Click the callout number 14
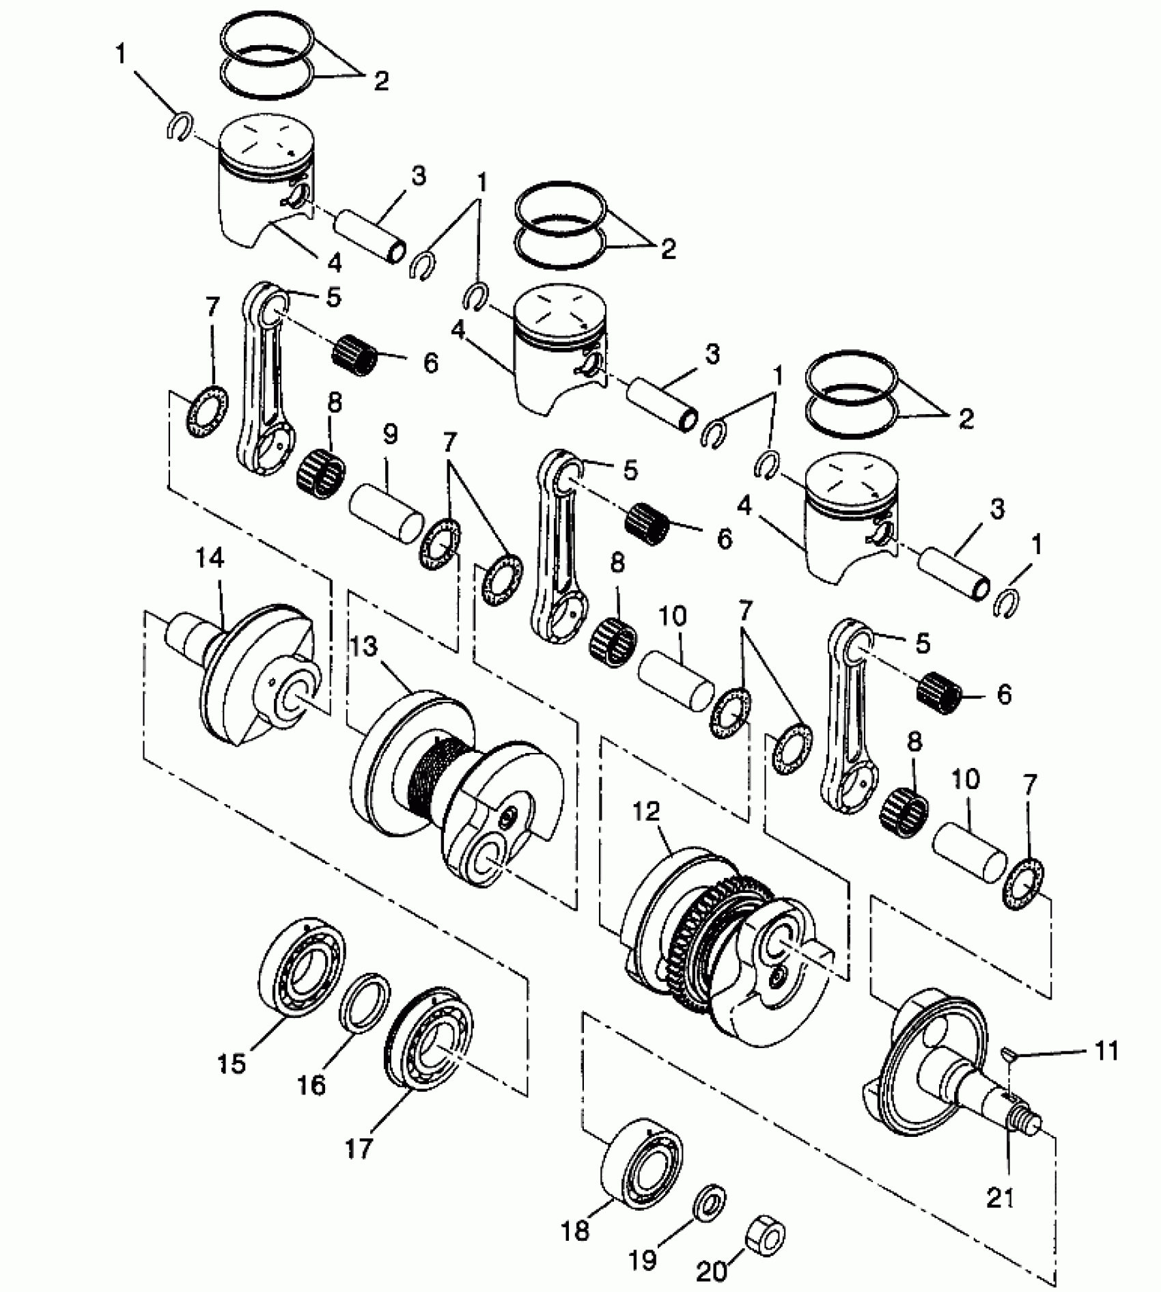tap(210, 560)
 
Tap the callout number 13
tap(365, 646)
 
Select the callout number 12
tap(646, 812)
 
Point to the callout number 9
tap(390, 435)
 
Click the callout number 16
tap(312, 1084)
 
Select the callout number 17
tap(359, 1147)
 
